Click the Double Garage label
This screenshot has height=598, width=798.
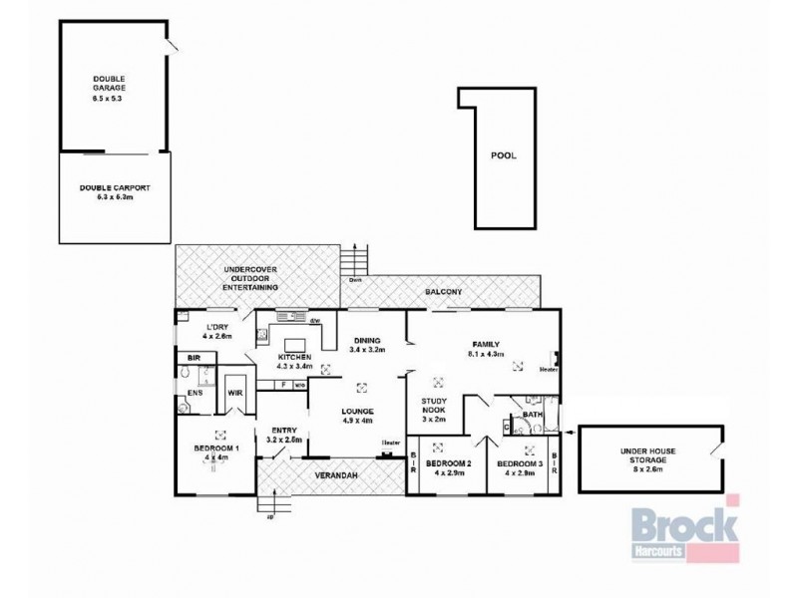tap(110, 88)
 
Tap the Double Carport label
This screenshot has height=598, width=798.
tap(113, 191)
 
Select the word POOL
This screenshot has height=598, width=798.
tap(504, 155)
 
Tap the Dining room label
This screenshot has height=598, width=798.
tap(367, 345)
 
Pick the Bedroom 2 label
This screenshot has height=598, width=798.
tap(448, 467)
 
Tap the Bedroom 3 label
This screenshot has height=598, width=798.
tap(520, 467)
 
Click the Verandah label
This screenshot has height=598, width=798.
tap(339, 475)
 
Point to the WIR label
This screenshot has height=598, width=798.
tap(236, 394)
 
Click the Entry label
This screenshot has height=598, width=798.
tap(285, 434)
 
